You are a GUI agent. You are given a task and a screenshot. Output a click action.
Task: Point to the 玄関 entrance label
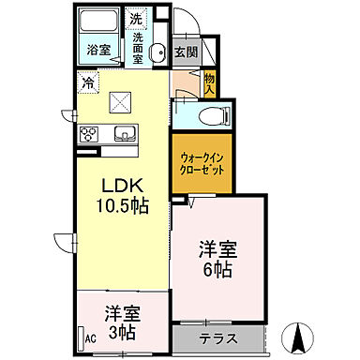186,52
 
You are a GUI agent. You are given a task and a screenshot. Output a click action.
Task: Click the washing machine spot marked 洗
136,18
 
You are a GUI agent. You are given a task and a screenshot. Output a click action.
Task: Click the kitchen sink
125,133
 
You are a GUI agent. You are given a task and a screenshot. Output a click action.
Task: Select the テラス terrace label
217,337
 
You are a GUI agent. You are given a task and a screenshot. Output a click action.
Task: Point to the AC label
91,338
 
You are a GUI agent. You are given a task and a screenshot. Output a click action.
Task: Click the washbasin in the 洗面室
157,52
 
